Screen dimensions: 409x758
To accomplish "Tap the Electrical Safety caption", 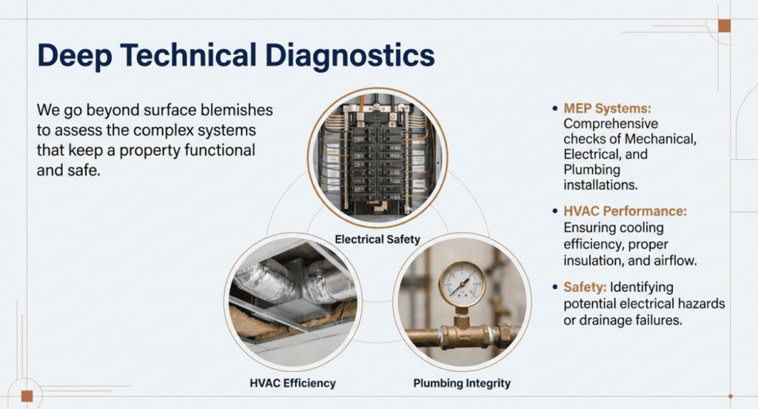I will (x=378, y=239).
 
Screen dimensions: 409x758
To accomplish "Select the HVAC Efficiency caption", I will (x=292, y=383).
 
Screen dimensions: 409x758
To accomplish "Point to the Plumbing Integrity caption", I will (x=462, y=383).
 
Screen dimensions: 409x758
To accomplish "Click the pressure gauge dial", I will (x=462, y=282).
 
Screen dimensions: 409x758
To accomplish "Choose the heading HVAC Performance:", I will (x=625, y=211).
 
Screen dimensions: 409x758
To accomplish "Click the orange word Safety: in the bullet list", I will (x=586, y=287).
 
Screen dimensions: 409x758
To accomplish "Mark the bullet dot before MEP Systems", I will (x=555, y=109).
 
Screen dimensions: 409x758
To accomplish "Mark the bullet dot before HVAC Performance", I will (x=555, y=211).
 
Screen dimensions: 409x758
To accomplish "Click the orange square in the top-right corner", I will (x=724, y=26).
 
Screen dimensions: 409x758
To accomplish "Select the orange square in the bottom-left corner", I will (x=27, y=395).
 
